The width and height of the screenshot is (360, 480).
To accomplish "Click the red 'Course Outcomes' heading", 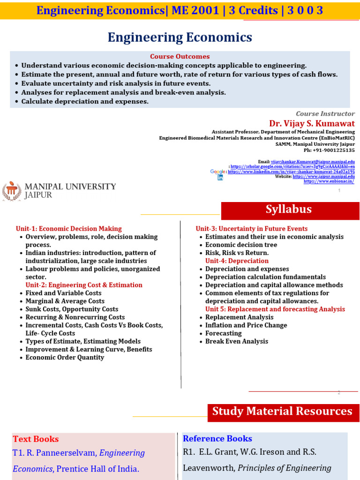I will pos(180,56).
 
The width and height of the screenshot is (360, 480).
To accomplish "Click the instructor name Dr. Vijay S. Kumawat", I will pos(312,123).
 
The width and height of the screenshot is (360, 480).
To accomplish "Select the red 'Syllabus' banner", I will pos(289,210).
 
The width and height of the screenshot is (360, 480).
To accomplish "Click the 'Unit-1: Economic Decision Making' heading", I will pos(68,229).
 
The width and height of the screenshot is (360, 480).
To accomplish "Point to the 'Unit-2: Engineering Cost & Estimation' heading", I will pos(84,285).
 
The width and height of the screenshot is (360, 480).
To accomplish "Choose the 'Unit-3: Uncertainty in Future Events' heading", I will pos(251,229).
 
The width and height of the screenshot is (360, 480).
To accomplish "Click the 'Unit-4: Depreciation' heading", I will pos(237,261).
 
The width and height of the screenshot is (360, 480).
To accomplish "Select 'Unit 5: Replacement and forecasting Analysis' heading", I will pos(275,309).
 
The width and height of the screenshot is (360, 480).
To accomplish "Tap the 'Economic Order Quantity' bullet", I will pos(65,357).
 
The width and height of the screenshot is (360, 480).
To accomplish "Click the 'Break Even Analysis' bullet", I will pos(236,341).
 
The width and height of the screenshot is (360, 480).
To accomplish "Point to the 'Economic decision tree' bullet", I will pos(241,245).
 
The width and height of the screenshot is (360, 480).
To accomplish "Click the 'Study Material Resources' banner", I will pos(282,412).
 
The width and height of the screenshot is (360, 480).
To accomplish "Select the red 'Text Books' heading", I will pos(36,439).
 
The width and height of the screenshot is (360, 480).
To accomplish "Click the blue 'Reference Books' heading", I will pos(217,439).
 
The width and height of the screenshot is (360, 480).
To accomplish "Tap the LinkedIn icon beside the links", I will pos(220,178).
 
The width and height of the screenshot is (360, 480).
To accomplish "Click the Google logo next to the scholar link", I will pos(218,172).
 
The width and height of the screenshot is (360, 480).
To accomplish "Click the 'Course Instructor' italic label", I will pos(325,113).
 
